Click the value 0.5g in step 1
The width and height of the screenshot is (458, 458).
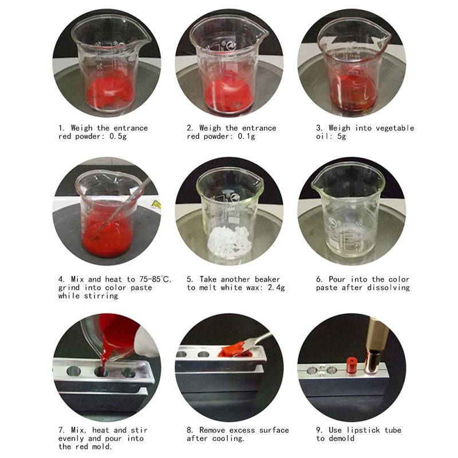click(x=118, y=136)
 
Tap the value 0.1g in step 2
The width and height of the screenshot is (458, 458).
click(x=246, y=136)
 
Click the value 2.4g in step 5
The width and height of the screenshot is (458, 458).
click(x=277, y=288)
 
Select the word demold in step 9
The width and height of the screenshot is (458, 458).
click(x=341, y=439)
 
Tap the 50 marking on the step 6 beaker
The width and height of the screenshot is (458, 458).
click(x=359, y=223)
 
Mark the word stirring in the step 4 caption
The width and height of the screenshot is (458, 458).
click(x=101, y=296)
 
